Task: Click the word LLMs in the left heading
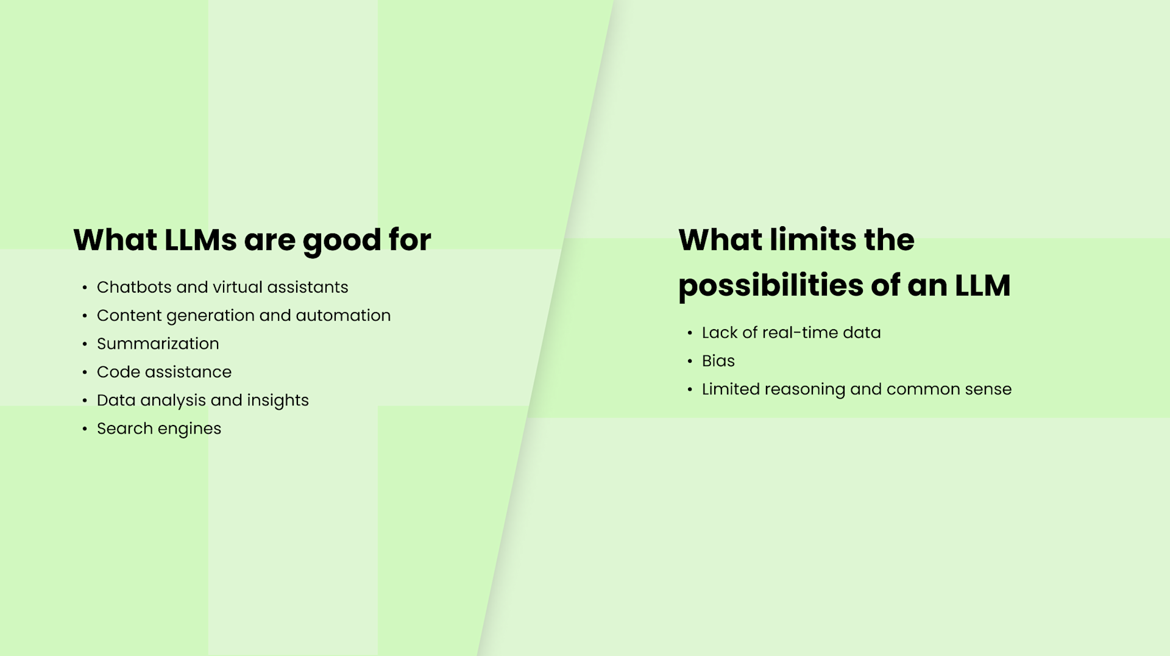click(x=200, y=240)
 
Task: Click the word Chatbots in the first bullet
click(x=134, y=287)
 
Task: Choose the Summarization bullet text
click(x=158, y=344)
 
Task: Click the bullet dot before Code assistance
click(x=85, y=373)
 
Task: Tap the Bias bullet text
click(x=718, y=361)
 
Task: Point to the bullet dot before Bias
click(x=690, y=362)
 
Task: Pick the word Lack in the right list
click(x=720, y=333)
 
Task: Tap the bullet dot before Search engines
click(x=85, y=429)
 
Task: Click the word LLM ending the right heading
click(x=982, y=285)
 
